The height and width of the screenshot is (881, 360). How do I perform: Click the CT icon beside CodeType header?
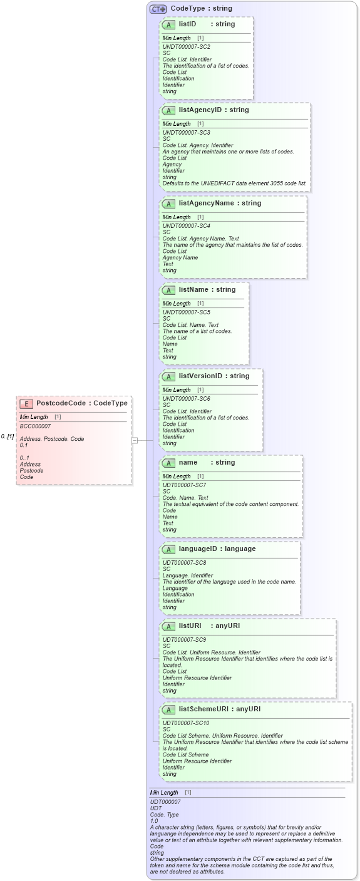[x=158, y=9]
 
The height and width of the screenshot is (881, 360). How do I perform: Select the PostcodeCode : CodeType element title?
[x=81, y=403]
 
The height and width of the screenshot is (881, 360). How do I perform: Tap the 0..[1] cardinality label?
[x=8, y=436]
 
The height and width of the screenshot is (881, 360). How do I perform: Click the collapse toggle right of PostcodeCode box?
[x=135, y=440]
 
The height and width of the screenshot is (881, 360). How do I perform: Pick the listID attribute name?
[x=187, y=24]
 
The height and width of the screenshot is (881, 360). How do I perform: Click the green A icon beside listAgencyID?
[x=168, y=110]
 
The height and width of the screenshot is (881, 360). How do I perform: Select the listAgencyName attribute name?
[x=202, y=203]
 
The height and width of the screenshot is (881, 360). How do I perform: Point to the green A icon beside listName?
[x=168, y=290]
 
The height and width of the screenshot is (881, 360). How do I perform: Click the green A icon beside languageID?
[x=168, y=549]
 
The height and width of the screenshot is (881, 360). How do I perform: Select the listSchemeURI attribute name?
[x=203, y=709]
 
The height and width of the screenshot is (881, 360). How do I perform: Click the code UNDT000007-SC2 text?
[x=186, y=47]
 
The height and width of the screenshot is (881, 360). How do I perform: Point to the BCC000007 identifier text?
[x=35, y=426]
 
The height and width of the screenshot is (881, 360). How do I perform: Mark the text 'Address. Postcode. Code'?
[x=52, y=439]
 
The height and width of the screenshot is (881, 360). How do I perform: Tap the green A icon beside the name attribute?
[x=168, y=463]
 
